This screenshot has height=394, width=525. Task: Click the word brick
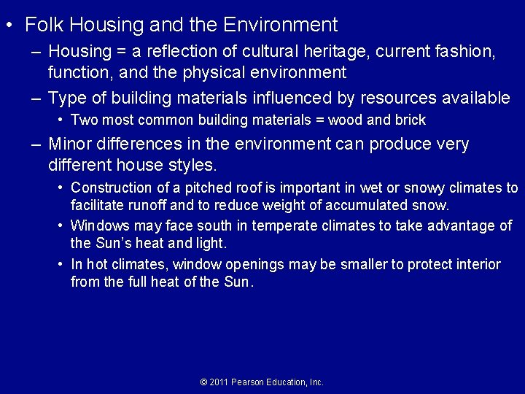411,120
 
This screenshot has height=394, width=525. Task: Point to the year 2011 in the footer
219,382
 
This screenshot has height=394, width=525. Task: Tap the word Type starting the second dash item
67,98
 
